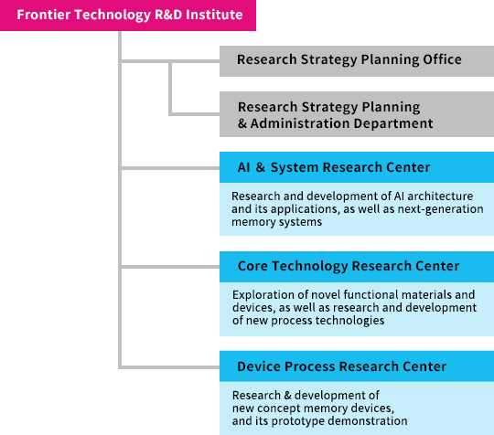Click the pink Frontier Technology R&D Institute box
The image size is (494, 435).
[x=128, y=16]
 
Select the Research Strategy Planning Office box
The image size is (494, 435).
[x=357, y=61]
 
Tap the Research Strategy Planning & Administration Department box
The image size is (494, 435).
[x=357, y=114]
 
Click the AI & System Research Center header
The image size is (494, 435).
[x=357, y=167]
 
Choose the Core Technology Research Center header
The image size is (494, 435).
[x=357, y=266]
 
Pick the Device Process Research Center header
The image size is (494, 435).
[x=357, y=366]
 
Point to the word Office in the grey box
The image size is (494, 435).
[x=442, y=59]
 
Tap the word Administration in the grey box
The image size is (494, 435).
[x=300, y=123]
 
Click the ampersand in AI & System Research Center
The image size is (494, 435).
[x=260, y=167]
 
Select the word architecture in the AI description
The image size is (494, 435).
[x=440, y=196]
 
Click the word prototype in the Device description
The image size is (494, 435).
[x=297, y=421]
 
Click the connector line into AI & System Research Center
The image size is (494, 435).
[x=170, y=168]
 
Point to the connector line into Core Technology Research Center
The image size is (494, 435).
[x=170, y=267]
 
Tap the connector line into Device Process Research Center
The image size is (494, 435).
[x=170, y=367]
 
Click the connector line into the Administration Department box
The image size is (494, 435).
[x=195, y=114]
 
